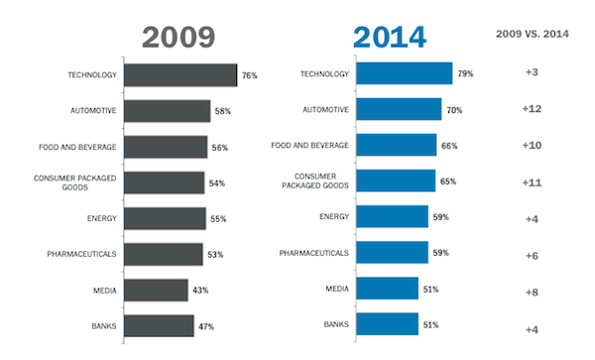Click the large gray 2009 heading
(178, 37)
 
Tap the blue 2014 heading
(390, 37)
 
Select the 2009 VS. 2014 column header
(533, 34)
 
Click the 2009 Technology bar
(180, 75)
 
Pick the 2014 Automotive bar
(399, 109)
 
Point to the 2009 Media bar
(156, 291)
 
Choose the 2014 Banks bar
(388, 324)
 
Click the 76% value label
(249, 75)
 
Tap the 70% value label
(454, 110)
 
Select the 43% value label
(200, 291)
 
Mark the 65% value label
(448, 181)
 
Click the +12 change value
(532, 109)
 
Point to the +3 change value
(532, 72)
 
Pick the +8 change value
(532, 293)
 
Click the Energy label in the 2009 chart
(102, 218)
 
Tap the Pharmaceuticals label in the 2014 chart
(313, 253)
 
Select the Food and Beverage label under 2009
(77, 147)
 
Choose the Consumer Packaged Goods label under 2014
(315, 180)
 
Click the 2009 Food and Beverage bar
(166, 147)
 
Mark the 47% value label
(206, 326)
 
